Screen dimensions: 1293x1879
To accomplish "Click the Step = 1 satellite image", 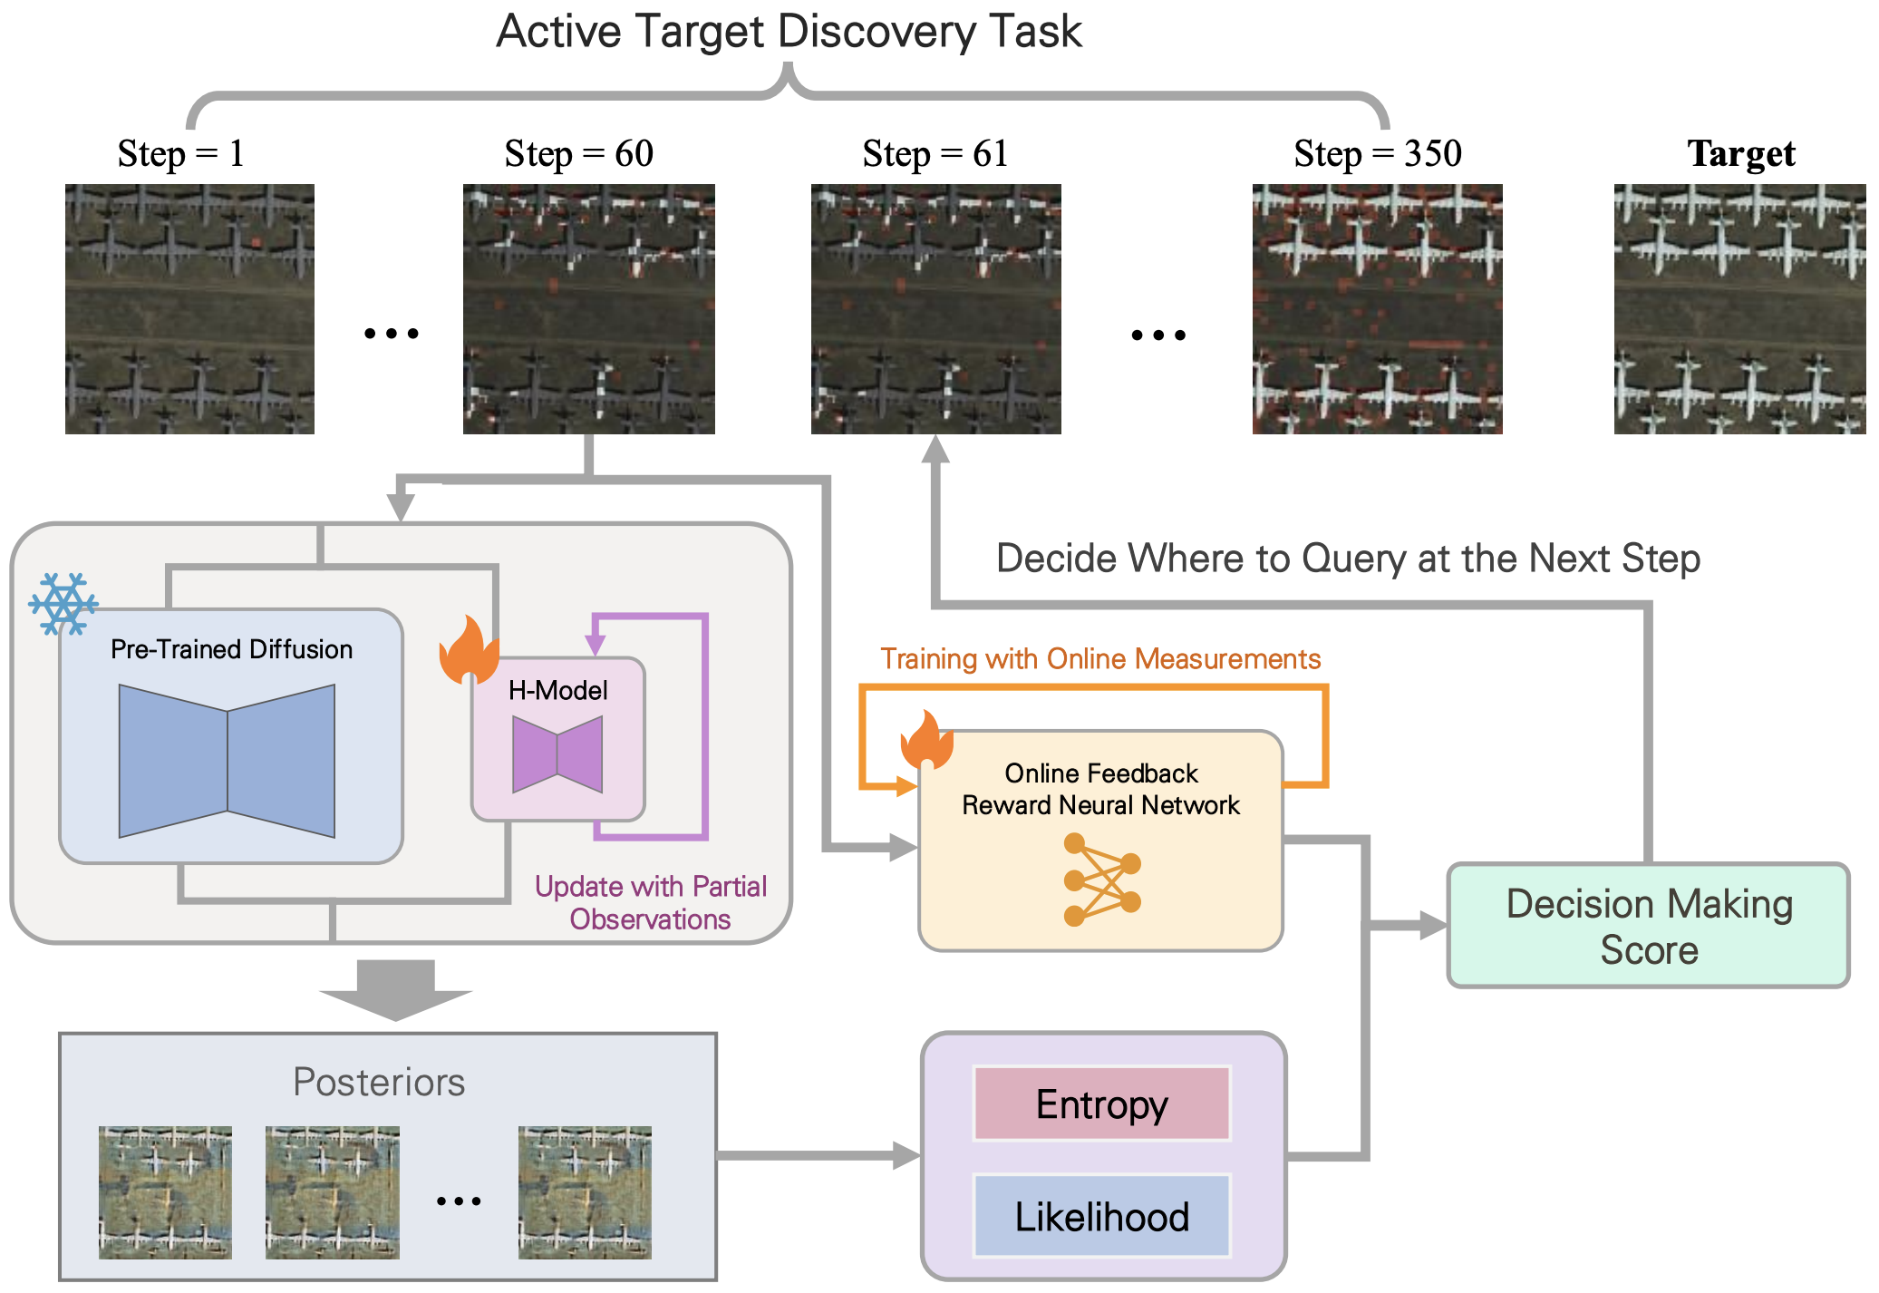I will tap(189, 308).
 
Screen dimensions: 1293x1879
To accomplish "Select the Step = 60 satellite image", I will tap(588, 308).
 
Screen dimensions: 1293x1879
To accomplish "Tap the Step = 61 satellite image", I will tap(935, 308).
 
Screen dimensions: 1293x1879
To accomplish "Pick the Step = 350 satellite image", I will tap(1377, 308).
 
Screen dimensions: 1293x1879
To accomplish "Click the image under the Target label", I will tap(1739, 308).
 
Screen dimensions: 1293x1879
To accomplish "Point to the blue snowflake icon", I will tap(63, 603).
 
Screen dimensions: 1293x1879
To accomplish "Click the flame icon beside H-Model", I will tap(469, 649).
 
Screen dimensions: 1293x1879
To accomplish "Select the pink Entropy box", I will tap(1101, 1103).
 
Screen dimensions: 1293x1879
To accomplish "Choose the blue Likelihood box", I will tap(1101, 1216).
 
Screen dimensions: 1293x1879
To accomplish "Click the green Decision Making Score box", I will tap(1648, 925).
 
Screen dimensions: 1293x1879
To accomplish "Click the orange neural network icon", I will tap(1101, 880).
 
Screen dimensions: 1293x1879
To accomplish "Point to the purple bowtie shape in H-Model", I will tap(557, 754).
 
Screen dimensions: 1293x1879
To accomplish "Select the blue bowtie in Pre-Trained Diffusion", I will tap(227, 761).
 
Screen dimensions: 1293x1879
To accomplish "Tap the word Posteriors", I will tap(379, 1082).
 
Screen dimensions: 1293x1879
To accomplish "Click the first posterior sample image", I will tap(165, 1192).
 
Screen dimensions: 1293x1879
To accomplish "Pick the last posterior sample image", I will tap(585, 1192).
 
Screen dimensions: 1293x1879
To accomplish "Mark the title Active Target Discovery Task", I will tap(789, 32).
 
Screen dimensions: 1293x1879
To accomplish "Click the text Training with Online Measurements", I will tap(1100, 658).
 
